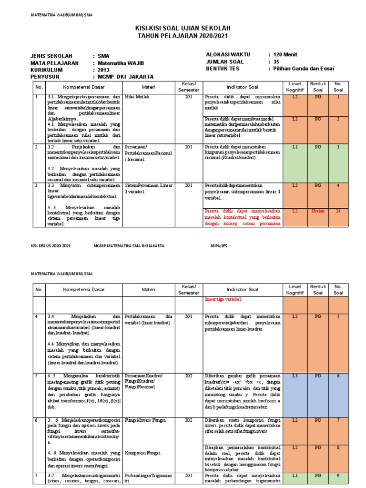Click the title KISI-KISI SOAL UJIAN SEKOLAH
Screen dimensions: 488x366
(x=183, y=29)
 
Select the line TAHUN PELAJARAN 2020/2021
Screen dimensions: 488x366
(x=183, y=36)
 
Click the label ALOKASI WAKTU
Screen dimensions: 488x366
(x=228, y=55)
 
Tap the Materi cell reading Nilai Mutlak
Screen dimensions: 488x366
(x=137, y=97)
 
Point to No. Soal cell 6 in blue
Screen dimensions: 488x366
(x=338, y=376)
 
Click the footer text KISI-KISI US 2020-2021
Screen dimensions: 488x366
(x=51, y=246)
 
